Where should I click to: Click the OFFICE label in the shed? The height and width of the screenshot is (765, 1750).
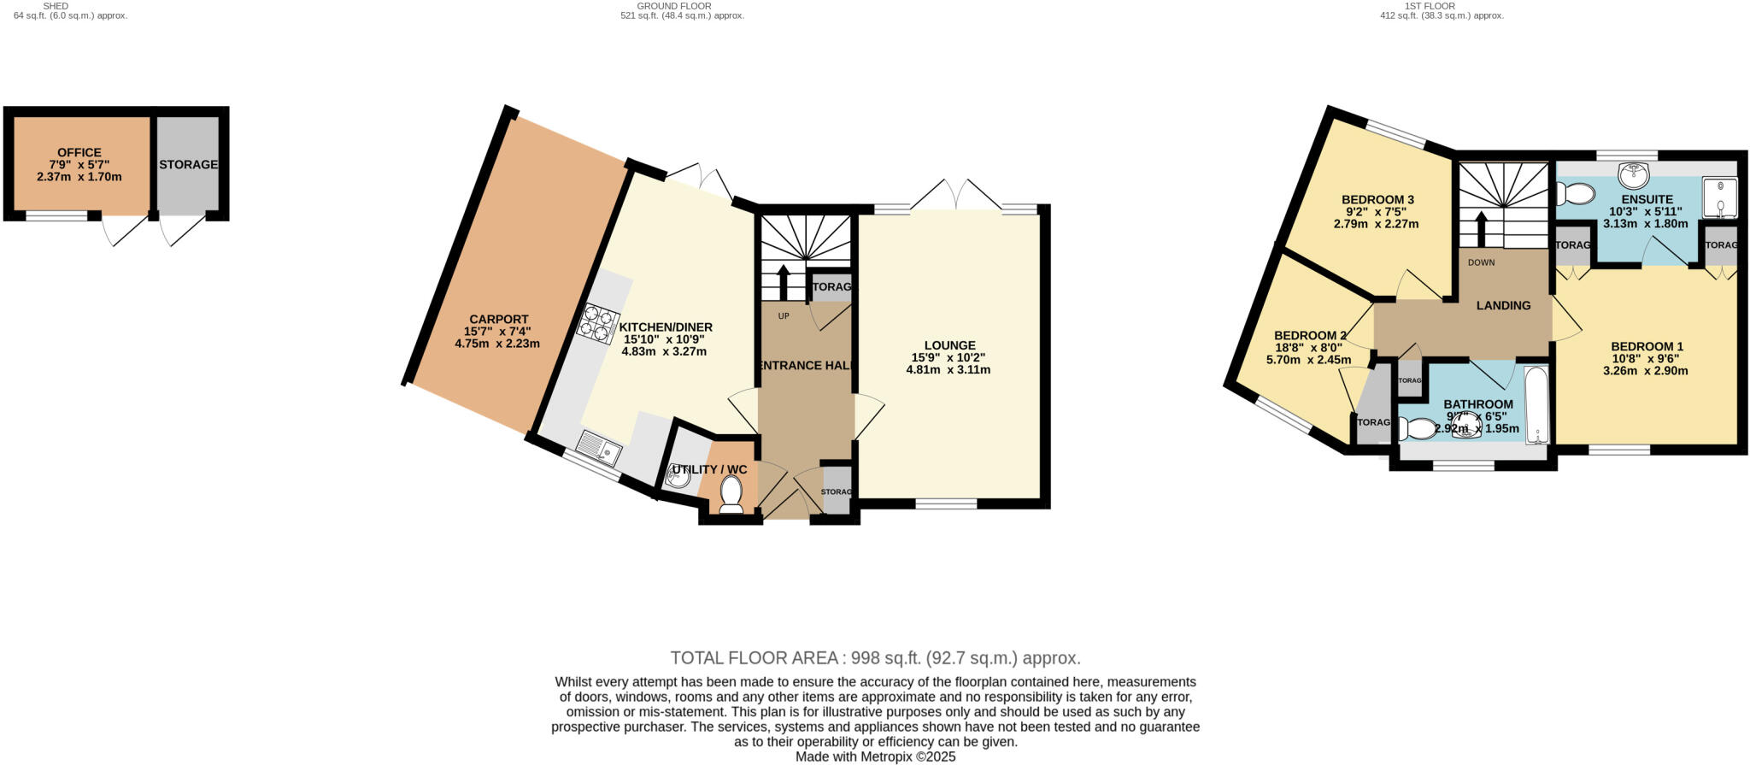(x=79, y=153)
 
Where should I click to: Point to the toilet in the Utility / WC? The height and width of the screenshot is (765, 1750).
(x=731, y=494)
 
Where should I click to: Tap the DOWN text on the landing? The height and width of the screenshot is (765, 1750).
(x=1481, y=262)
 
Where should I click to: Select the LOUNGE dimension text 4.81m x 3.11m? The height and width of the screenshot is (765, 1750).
(x=948, y=370)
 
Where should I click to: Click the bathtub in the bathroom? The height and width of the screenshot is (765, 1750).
(x=1536, y=406)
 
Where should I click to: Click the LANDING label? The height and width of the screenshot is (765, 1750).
(x=1503, y=305)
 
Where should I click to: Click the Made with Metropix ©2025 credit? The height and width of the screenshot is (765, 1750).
(x=875, y=757)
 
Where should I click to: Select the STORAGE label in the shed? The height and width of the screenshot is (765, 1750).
(x=188, y=165)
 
